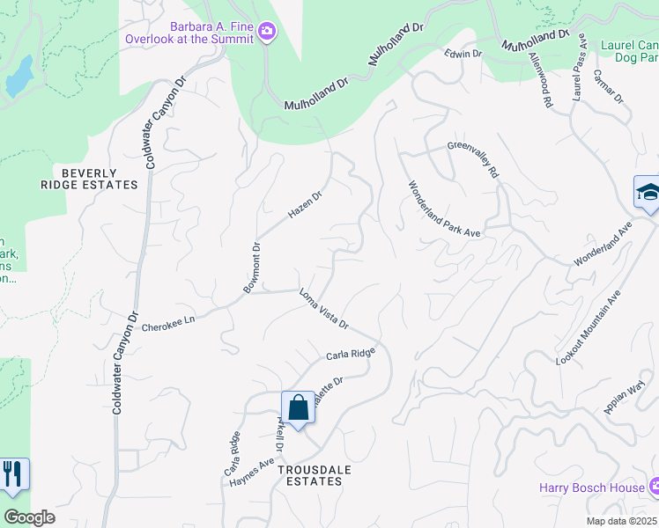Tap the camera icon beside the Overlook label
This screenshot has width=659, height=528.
pos(267,33)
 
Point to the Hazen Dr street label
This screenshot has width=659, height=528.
pos(304,206)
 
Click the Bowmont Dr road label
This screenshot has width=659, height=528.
pos(253,268)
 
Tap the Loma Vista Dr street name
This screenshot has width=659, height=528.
pos(324,310)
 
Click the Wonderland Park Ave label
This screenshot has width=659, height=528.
pos(443,209)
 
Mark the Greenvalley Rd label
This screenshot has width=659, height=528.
pos(473,159)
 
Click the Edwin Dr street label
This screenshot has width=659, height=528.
pos(463,55)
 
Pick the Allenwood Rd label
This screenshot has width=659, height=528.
pos(540,81)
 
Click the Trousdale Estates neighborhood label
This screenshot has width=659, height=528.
pos(315,475)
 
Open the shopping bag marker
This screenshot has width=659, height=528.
pos(298,408)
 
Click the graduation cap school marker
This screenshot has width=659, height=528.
pos(648,193)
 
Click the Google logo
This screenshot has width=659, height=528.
pos(29,517)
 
